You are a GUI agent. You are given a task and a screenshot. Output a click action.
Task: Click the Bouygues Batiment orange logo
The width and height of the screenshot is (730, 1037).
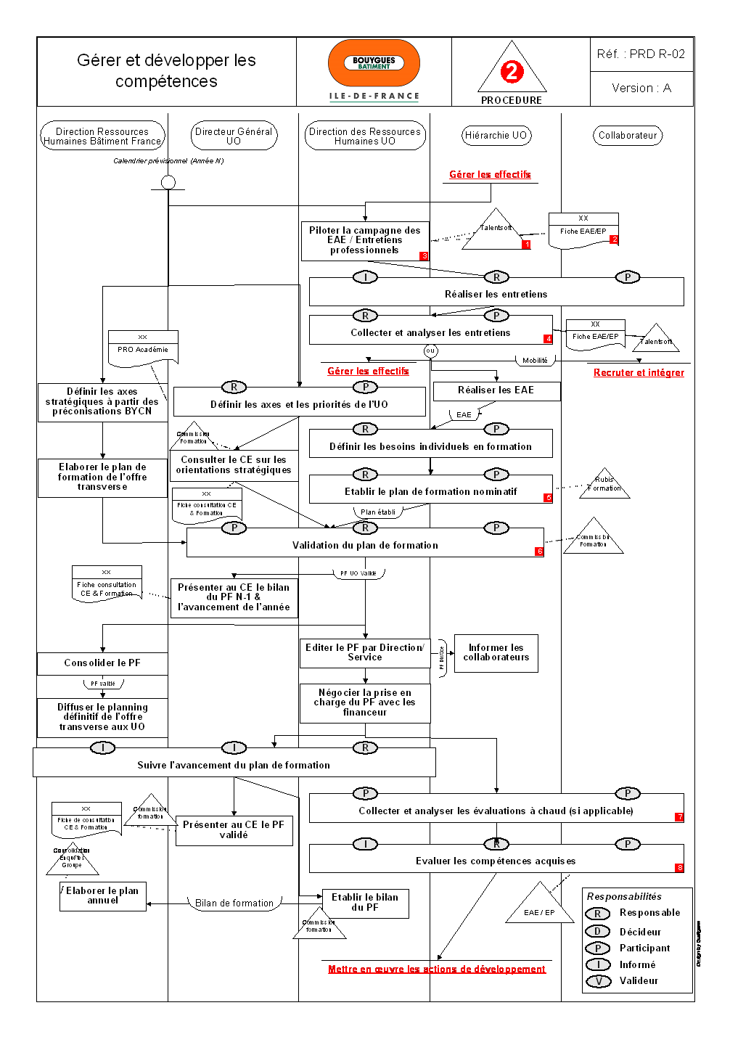coord(374,63)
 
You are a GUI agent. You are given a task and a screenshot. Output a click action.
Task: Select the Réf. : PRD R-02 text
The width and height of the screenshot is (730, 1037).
coord(641,54)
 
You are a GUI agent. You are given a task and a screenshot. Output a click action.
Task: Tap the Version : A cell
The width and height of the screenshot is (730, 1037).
coord(641,88)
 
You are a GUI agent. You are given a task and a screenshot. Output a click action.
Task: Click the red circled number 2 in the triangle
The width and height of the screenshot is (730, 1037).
coord(512,71)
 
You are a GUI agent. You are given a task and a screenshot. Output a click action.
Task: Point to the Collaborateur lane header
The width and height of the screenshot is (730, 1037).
coord(628,135)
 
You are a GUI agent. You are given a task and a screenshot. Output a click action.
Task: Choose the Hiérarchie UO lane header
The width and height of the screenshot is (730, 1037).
coord(496,135)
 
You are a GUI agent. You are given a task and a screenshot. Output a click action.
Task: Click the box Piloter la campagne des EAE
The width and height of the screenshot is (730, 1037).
coord(364,240)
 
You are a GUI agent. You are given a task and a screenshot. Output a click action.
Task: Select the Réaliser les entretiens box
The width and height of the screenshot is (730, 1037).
coord(496,294)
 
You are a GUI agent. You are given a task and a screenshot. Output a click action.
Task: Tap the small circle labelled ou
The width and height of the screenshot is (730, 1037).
coord(430,351)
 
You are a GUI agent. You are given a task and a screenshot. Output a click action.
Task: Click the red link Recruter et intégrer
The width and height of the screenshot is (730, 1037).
coord(639,372)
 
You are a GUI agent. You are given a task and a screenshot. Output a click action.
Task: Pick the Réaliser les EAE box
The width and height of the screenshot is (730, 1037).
coord(496,390)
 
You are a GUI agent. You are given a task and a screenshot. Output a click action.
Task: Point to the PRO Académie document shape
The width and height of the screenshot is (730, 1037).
coord(143,348)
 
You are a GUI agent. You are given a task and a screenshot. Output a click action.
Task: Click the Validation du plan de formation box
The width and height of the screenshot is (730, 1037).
coord(365,545)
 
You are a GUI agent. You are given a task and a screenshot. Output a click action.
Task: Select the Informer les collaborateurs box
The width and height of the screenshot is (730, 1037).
coord(496,652)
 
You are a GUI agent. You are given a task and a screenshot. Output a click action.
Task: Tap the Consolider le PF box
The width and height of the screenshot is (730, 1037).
coord(102,663)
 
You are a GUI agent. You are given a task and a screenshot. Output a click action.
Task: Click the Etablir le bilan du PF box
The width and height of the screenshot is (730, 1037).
coord(365,902)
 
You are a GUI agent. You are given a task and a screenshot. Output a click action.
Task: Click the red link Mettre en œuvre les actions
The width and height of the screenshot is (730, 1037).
coord(437,969)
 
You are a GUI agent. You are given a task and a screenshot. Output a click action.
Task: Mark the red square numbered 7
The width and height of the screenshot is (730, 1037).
coord(679,817)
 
